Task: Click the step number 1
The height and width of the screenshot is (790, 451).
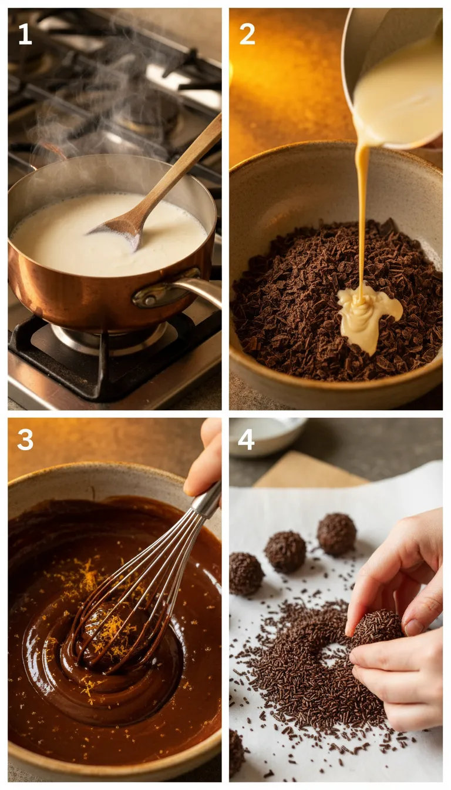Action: (25, 34)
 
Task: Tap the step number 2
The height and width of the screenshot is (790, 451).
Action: (247, 34)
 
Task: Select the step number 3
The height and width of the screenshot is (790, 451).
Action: (25, 440)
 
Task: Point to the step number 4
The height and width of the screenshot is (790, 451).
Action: (246, 440)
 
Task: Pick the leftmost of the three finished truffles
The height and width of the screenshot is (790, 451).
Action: (245, 573)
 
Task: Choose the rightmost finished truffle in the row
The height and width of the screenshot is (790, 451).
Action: (336, 534)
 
